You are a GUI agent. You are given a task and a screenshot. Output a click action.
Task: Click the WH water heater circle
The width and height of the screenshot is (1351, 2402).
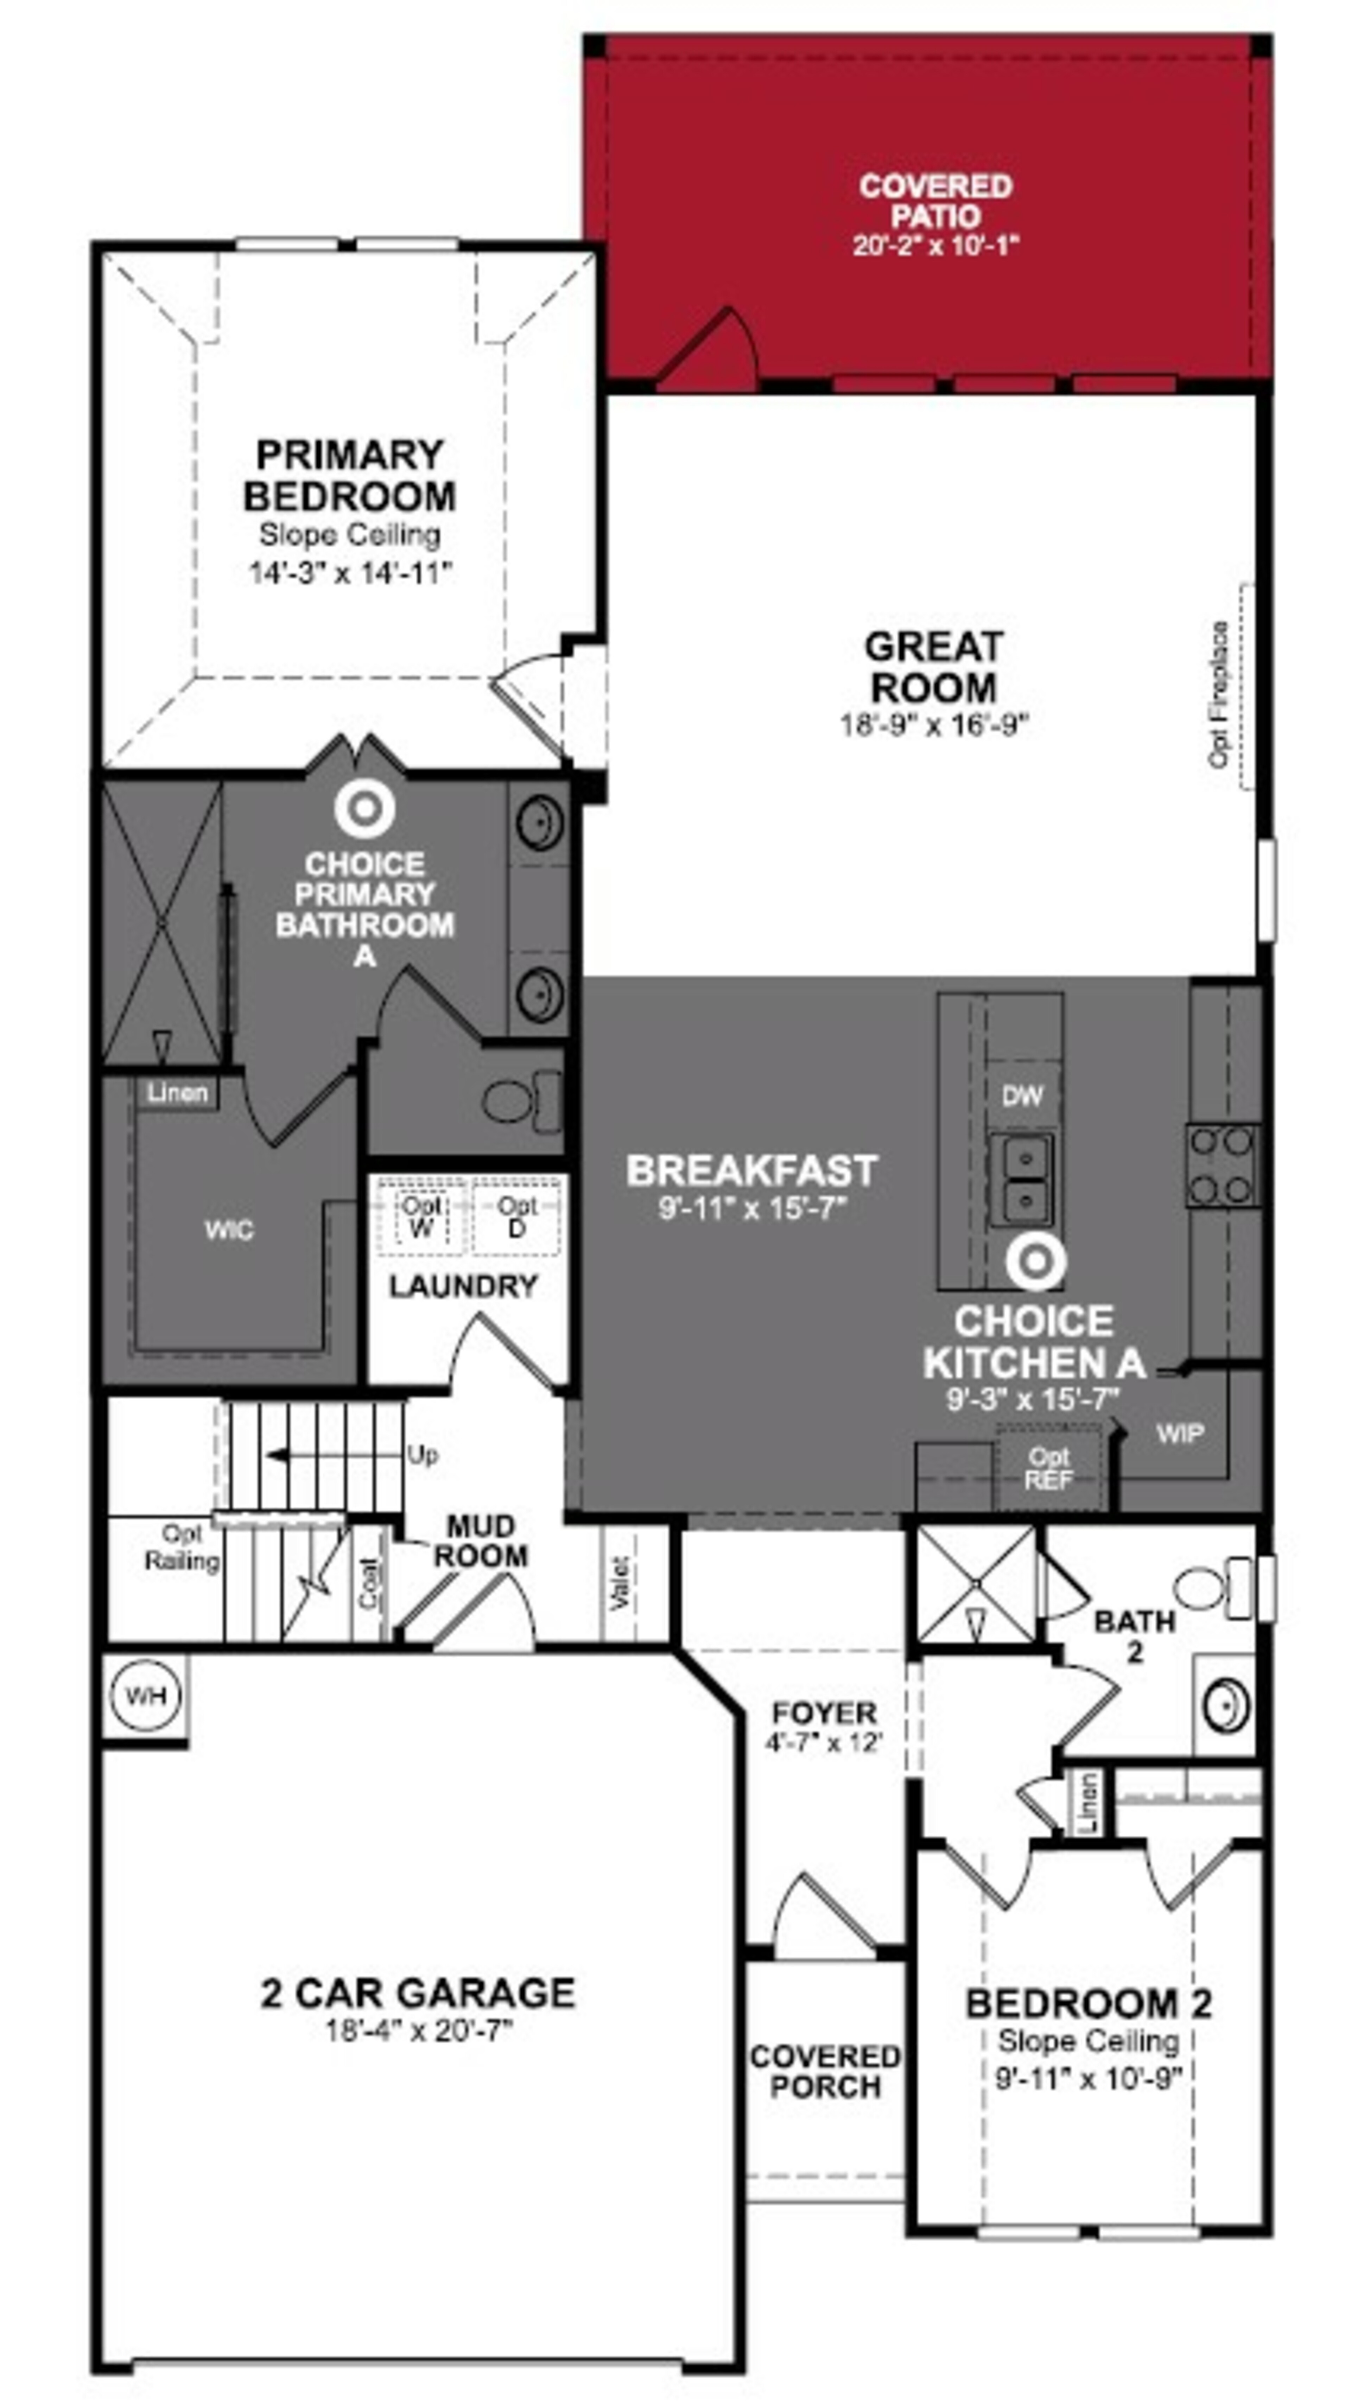(145, 1695)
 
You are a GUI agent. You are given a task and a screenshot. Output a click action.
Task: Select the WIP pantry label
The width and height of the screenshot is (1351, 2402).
(1179, 1433)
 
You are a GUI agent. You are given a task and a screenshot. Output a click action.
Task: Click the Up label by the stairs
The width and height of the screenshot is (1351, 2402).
(422, 1456)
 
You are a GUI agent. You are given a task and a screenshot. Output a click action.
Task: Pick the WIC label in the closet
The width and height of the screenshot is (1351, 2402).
(228, 1230)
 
